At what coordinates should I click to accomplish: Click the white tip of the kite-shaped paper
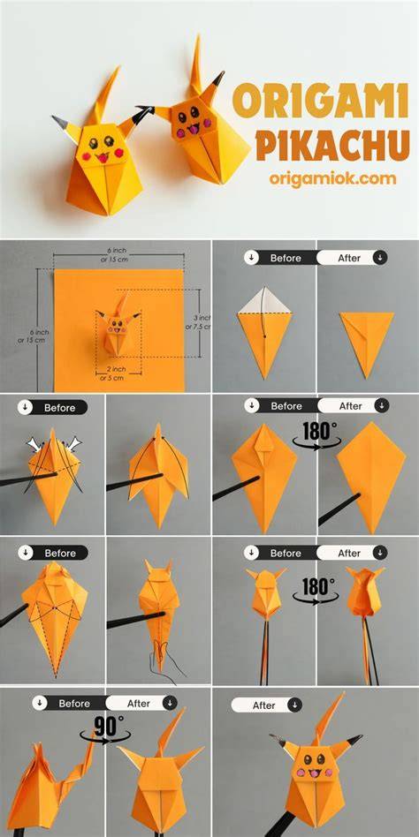point(265,301)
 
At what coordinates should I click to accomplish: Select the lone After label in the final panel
point(263,705)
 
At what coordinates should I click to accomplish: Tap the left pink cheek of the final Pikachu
point(301,773)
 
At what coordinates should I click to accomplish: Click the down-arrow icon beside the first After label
point(379,258)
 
